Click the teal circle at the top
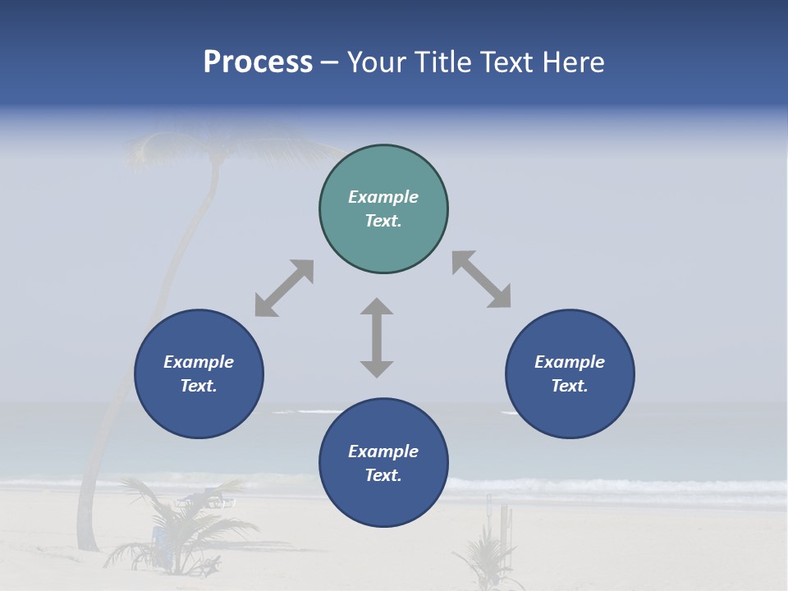pyautogui.click(x=383, y=208)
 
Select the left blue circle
pyautogui.click(x=199, y=373)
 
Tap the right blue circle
pyautogui.click(x=570, y=373)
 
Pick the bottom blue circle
pyautogui.click(x=383, y=462)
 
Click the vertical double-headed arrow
pyautogui.click(x=377, y=337)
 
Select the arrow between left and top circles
pyautogui.click(x=284, y=288)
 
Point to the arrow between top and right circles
pyautogui.click(x=482, y=279)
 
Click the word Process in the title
pyautogui.click(x=258, y=62)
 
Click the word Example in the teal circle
pyautogui.click(x=383, y=197)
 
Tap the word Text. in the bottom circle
pyautogui.click(x=383, y=475)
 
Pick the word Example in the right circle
pyautogui.click(x=570, y=362)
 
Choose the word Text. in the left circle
pyautogui.click(x=199, y=386)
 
